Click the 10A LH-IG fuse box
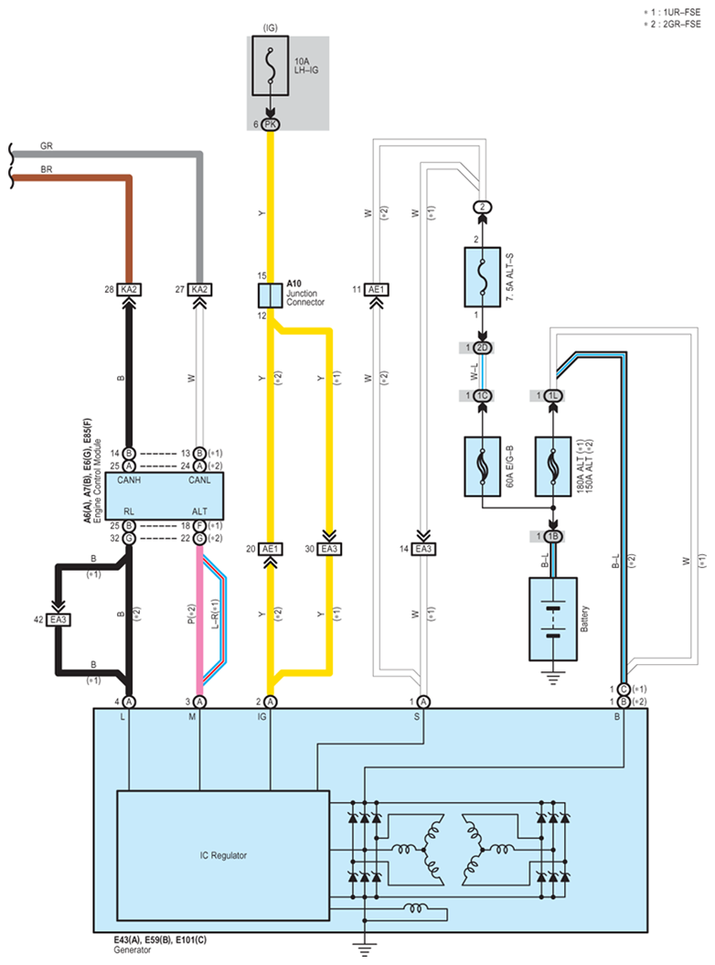[x=270, y=65]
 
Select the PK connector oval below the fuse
[x=270, y=124]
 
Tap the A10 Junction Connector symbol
[x=270, y=296]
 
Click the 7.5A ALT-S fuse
[x=482, y=277]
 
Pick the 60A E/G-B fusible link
[x=482, y=466]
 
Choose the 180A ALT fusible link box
[x=552, y=466]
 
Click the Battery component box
[x=552, y=618]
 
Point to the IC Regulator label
[x=223, y=855]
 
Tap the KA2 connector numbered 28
[x=129, y=289]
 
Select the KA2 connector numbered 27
[x=199, y=289]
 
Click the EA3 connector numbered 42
[x=59, y=620]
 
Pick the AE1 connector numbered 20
[x=270, y=548]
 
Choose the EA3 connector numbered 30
[x=329, y=548]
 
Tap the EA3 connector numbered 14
[x=423, y=548]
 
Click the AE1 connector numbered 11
[x=376, y=289]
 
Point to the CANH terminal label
[x=129, y=480]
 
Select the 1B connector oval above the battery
[x=552, y=537]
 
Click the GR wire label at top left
[x=47, y=145]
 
